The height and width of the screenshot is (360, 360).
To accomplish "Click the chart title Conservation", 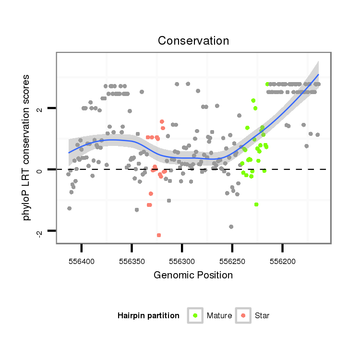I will pos(193,41).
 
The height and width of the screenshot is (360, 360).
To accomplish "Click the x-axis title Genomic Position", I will pos(193,275).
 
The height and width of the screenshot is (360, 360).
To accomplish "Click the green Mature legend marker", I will pos(195,315).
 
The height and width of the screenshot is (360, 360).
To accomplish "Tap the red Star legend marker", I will pos(243,315).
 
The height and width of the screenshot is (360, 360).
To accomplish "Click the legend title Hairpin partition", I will pos(148,316).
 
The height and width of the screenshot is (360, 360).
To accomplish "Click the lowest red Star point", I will pos(159,235).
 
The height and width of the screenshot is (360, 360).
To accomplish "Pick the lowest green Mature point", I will pos(256,204).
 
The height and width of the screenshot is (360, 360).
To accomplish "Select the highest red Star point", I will pos(162,122).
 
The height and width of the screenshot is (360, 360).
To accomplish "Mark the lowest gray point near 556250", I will pos(231,227).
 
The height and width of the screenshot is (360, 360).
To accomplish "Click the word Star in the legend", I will pos(262,316).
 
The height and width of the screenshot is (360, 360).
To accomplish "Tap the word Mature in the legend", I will pos(219,316).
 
